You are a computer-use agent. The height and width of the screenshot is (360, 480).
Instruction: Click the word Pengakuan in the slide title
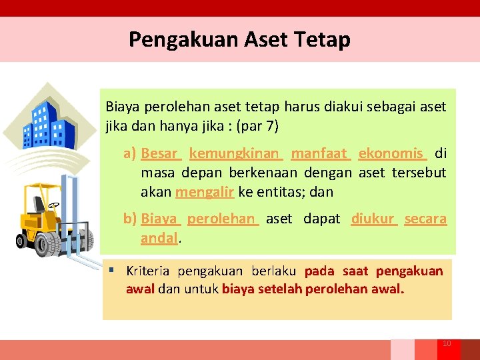177,40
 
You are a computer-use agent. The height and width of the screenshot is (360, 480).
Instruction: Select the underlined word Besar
159,153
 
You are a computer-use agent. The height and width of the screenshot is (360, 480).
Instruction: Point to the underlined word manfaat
319,153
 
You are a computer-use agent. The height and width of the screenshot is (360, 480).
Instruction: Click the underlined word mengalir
204,192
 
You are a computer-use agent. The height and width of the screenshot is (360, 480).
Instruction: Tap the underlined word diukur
373,219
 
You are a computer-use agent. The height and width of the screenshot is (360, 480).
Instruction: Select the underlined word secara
425,219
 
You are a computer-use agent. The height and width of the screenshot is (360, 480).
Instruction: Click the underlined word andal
159,237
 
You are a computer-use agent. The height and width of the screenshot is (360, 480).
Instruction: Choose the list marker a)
130,153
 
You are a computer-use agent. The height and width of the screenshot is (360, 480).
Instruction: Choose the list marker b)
130,219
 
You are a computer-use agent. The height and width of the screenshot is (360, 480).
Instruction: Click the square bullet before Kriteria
113,271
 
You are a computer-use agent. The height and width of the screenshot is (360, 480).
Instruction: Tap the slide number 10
447,343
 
